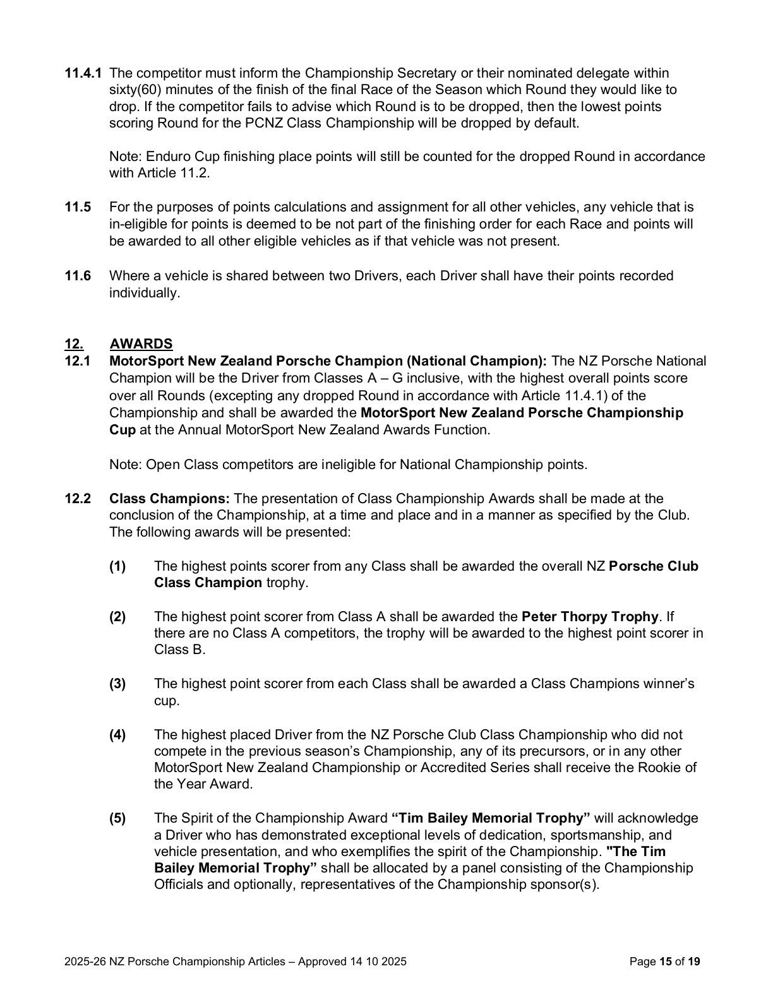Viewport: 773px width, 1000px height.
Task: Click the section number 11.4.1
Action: point(83,73)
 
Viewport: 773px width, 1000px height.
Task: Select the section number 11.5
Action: point(78,207)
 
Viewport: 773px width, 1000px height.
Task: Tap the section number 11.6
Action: point(78,276)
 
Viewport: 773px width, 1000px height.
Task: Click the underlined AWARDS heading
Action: point(141,344)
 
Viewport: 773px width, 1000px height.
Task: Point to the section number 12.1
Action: point(78,361)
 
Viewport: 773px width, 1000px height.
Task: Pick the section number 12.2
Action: point(78,499)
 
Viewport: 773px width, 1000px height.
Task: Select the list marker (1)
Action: point(117,566)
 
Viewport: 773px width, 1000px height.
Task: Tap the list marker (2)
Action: point(117,616)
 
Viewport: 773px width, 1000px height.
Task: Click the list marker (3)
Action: point(117,684)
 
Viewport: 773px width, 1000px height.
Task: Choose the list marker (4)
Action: point(117,735)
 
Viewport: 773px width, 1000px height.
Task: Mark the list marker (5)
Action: point(117,818)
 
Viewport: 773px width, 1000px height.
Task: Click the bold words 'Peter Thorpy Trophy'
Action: point(590,616)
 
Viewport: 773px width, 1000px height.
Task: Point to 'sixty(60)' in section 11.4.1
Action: point(133,90)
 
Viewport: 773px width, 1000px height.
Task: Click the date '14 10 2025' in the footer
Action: point(377,962)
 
